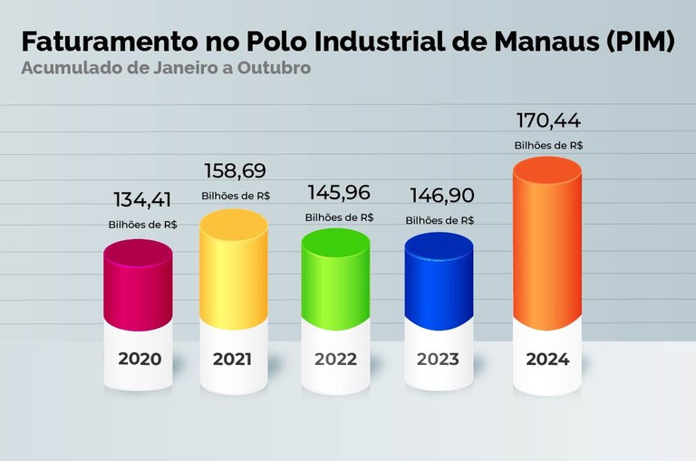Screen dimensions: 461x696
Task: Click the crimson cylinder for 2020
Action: click(x=138, y=285)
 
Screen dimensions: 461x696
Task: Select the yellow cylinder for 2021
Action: click(x=233, y=267)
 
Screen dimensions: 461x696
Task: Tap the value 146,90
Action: click(x=440, y=196)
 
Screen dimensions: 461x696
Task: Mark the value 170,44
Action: click(x=548, y=120)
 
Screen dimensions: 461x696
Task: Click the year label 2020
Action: click(x=140, y=359)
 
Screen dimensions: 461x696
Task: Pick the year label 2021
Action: click(x=232, y=359)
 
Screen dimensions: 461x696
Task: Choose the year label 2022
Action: click(x=335, y=359)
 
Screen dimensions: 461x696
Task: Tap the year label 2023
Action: click(x=438, y=359)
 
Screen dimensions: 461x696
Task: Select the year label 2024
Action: click(x=547, y=359)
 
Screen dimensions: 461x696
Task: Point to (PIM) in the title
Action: click(x=638, y=43)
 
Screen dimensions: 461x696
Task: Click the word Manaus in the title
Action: click(x=532, y=43)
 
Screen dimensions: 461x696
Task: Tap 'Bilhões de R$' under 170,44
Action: click(x=548, y=145)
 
